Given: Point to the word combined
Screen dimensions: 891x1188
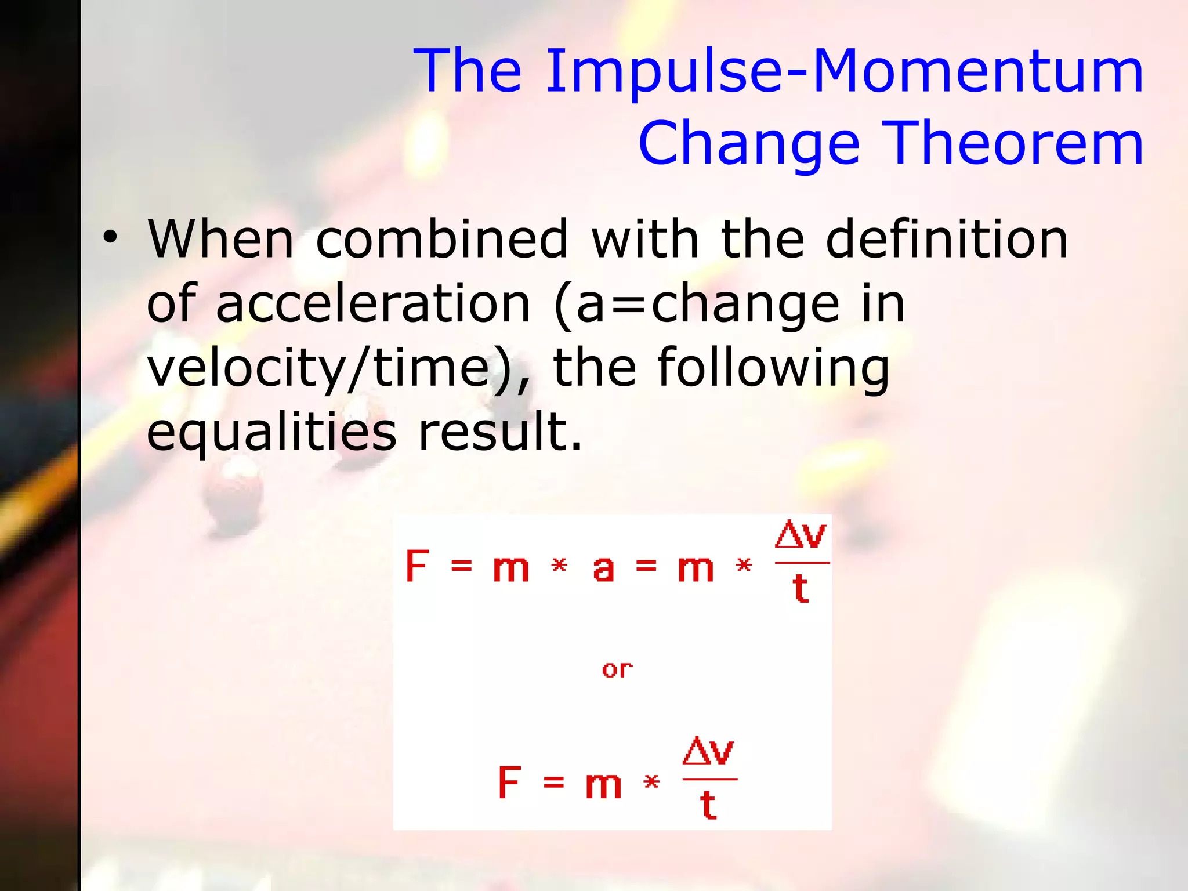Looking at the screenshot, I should point(441,240).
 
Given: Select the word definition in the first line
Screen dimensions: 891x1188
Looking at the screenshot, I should point(946,240).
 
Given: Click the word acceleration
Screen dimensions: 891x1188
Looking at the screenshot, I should point(373,304).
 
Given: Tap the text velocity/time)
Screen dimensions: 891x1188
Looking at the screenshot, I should point(338,368).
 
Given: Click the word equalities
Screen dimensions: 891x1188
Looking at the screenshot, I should point(271,432).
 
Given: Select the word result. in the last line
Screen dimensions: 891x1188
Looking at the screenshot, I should point(500,432).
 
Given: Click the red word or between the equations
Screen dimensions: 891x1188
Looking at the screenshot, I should point(617,670).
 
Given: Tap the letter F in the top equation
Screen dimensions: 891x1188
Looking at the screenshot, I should point(416,566).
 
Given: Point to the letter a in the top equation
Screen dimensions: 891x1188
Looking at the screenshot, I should point(603,568).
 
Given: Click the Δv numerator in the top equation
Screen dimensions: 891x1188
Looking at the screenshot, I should point(801,535).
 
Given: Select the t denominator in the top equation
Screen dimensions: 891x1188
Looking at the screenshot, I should point(801,588).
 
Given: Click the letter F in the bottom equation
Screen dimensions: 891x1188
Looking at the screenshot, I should point(509,783).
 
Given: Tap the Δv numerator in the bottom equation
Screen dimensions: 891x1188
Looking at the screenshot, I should point(708,752).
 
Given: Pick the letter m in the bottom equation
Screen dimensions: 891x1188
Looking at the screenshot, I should point(603,785).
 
